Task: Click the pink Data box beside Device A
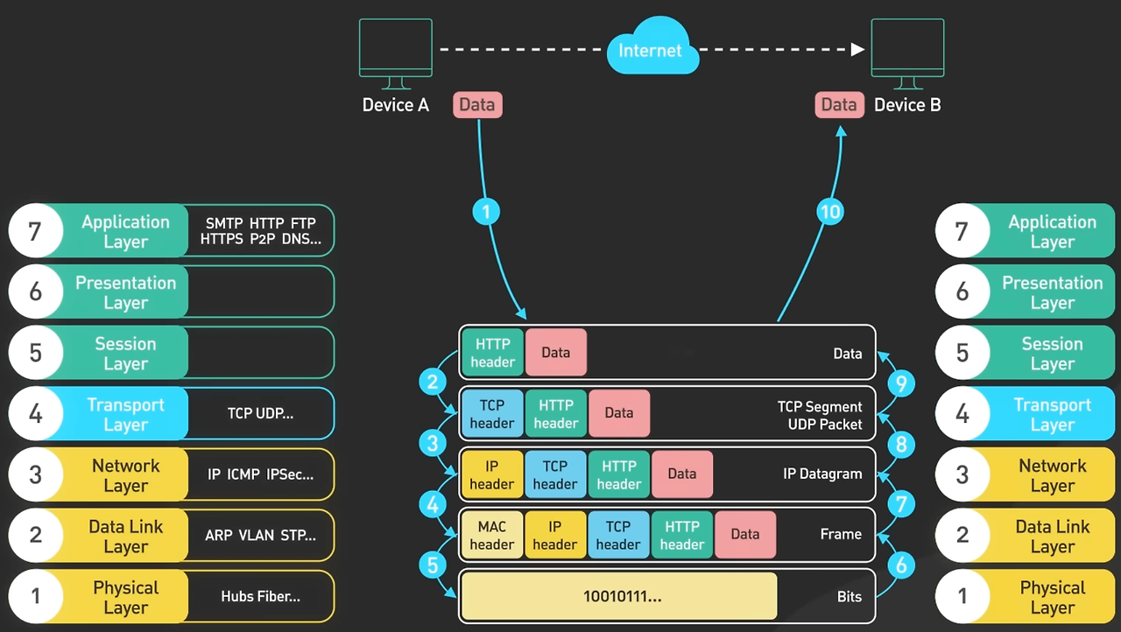point(477,105)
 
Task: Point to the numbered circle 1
point(486,211)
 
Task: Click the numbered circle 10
point(829,211)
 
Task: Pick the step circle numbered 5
point(433,565)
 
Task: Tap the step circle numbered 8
point(901,444)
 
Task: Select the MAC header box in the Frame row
point(491,535)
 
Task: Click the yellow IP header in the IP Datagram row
point(491,474)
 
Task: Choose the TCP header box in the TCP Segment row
point(491,414)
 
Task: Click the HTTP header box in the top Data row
point(493,353)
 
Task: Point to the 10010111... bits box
point(619,597)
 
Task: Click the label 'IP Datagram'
point(822,474)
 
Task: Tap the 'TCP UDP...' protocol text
point(260,413)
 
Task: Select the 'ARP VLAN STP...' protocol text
point(260,535)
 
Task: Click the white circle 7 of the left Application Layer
point(35,231)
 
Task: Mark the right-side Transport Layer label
point(1052,414)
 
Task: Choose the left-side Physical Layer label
point(125,597)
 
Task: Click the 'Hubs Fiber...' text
point(260,597)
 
